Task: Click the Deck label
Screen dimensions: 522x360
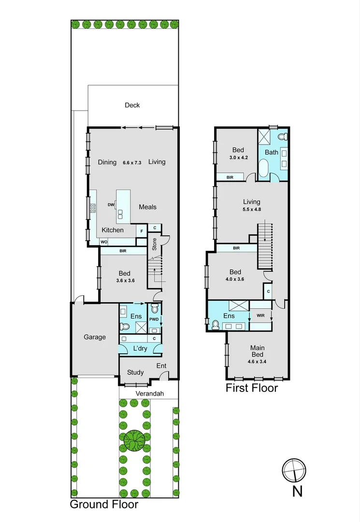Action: point(132,105)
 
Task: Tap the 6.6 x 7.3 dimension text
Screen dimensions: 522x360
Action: point(131,162)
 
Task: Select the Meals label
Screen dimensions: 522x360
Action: point(147,207)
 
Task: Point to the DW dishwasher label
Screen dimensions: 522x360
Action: point(111,205)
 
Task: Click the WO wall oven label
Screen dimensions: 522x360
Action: point(104,242)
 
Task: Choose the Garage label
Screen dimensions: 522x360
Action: point(95,337)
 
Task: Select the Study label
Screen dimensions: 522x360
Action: point(135,372)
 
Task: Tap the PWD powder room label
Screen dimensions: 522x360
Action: point(154,319)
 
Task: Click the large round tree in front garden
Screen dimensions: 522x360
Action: point(135,440)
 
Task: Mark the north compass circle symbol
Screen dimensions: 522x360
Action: point(294,470)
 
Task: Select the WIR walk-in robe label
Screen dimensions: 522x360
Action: point(260,316)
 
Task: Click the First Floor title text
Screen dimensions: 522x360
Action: point(252,388)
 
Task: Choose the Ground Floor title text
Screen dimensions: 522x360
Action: point(104,505)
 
